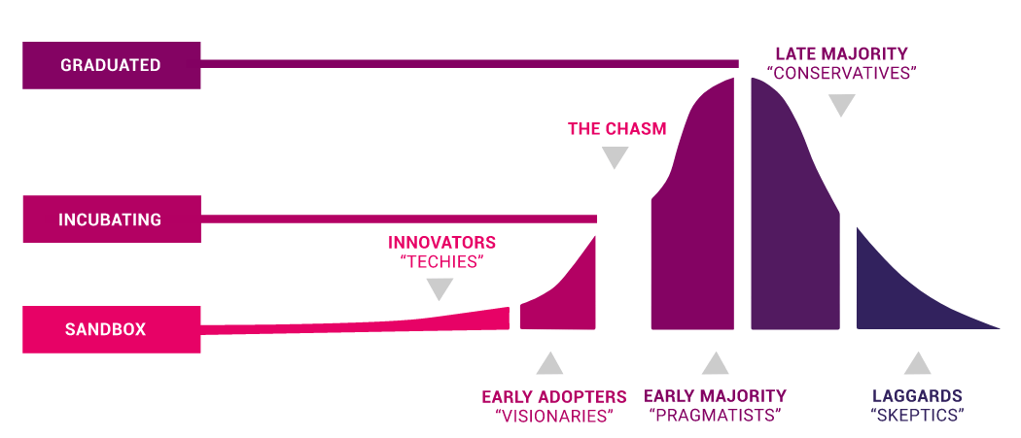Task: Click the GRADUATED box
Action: click(x=112, y=65)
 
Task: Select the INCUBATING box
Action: click(x=112, y=219)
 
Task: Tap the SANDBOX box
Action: click(x=112, y=329)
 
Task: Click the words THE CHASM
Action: click(x=616, y=129)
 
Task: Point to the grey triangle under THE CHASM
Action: click(x=615, y=157)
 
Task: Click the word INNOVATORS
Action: click(x=441, y=244)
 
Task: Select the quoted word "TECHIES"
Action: click(x=442, y=262)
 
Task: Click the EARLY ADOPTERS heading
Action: click(x=554, y=397)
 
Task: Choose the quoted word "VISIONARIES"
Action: click(x=555, y=416)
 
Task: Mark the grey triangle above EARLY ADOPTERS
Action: click(x=549, y=364)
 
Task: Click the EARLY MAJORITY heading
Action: click(x=715, y=395)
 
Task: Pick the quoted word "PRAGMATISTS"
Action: click(x=715, y=416)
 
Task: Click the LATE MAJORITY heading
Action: click(x=841, y=53)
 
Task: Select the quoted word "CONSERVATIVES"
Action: click(x=841, y=72)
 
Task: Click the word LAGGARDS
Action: click(x=917, y=395)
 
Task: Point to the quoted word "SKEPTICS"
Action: click(x=917, y=416)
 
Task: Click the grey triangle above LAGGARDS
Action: click(x=917, y=363)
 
